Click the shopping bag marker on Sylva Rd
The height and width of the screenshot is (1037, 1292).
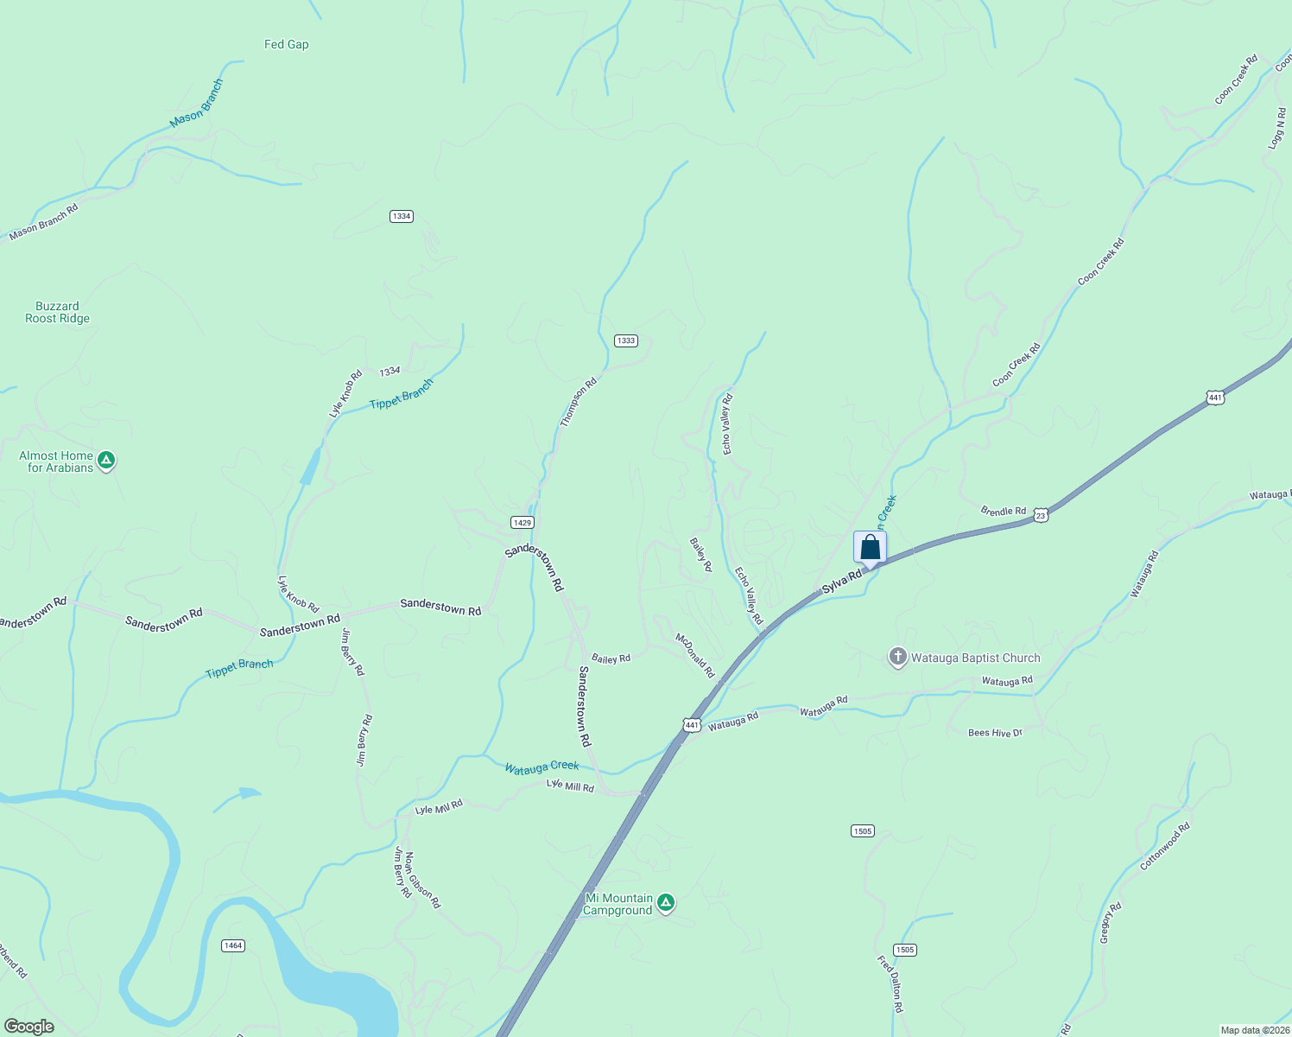(x=870, y=548)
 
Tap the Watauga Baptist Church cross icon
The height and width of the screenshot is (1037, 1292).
(x=898, y=658)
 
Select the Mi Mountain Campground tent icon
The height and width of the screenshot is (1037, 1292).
(x=665, y=903)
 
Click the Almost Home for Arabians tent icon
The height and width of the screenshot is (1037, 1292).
(x=106, y=461)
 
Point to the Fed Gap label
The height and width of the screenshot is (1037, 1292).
(x=286, y=45)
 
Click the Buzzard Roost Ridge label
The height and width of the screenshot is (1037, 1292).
(x=57, y=312)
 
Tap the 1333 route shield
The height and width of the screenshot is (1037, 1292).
(x=626, y=340)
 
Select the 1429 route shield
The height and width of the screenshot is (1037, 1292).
(x=522, y=522)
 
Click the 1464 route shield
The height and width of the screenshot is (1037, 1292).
(x=232, y=945)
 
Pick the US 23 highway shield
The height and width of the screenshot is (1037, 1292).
(x=1042, y=515)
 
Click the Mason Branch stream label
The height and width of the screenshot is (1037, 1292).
(x=196, y=104)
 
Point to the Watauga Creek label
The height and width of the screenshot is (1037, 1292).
(x=541, y=767)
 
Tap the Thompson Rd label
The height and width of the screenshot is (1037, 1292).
(x=578, y=402)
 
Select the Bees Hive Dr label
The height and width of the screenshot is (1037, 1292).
(x=995, y=733)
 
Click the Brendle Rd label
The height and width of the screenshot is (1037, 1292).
(x=1003, y=511)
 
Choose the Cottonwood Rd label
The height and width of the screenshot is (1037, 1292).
(x=1165, y=846)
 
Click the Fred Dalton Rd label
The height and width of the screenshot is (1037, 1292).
(x=890, y=984)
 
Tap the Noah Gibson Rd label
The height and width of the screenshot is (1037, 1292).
(x=422, y=880)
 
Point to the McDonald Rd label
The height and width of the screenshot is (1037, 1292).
(x=695, y=655)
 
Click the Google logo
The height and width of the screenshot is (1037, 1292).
(x=29, y=1027)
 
